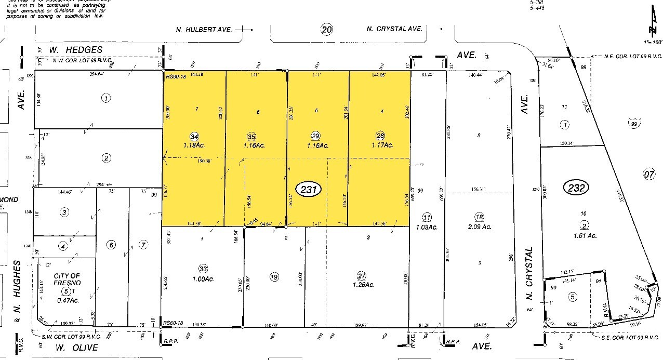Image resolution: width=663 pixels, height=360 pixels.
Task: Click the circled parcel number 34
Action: click(x=194, y=137)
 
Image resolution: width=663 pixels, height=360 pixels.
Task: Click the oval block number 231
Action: click(x=309, y=189)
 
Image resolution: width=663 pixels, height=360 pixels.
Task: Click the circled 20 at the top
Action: click(x=326, y=30)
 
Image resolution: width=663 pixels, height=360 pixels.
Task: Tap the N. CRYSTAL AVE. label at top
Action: click(x=394, y=30)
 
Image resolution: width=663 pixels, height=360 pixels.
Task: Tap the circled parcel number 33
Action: click(x=203, y=269)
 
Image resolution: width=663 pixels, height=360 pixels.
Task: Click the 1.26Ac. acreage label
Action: click(x=363, y=285)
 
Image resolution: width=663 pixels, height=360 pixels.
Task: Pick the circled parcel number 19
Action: click(x=274, y=277)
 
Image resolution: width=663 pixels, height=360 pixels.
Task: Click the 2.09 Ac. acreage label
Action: click(x=479, y=227)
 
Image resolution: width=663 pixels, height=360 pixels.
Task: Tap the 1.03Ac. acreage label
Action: click(x=427, y=227)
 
